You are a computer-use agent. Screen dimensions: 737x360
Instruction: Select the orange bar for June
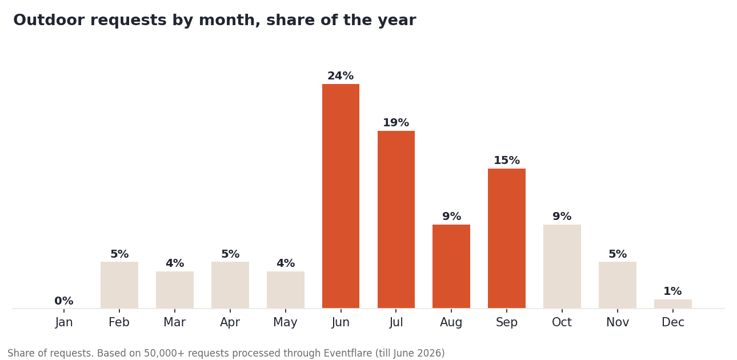pyautogui.click(x=341, y=196)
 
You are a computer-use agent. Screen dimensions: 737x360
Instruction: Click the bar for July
pyautogui.click(x=396, y=219)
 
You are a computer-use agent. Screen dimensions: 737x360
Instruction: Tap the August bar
pyautogui.click(x=451, y=266)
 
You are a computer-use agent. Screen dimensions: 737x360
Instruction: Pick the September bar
pyautogui.click(x=507, y=239)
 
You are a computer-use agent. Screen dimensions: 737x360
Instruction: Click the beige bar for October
pyautogui.click(x=562, y=266)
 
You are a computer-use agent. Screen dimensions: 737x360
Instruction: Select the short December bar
pyautogui.click(x=673, y=304)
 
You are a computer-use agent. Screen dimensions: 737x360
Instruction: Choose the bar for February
pyautogui.click(x=119, y=285)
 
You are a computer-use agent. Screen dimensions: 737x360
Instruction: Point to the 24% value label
pyautogui.click(x=341, y=75)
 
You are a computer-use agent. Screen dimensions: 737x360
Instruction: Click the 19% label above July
pyautogui.click(x=396, y=123)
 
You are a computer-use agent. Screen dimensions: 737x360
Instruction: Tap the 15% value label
pyautogui.click(x=507, y=160)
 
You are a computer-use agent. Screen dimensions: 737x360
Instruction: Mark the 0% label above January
pyautogui.click(x=64, y=301)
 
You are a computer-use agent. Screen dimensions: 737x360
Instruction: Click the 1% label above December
pyautogui.click(x=672, y=291)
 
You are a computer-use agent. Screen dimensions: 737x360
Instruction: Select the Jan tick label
pyautogui.click(x=64, y=322)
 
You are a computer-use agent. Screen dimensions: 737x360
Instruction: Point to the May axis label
pyautogui.click(x=285, y=322)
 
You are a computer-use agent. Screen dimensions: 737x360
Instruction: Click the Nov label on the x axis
pyautogui.click(x=618, y=322)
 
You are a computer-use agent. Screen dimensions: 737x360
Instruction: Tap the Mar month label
pyautogui.click(x=175, y=322)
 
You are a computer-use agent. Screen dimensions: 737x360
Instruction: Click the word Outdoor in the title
pyautogui.click(x=49, y=20)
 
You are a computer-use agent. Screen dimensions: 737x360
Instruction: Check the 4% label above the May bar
pyautogui.click(x=286, y=263)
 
